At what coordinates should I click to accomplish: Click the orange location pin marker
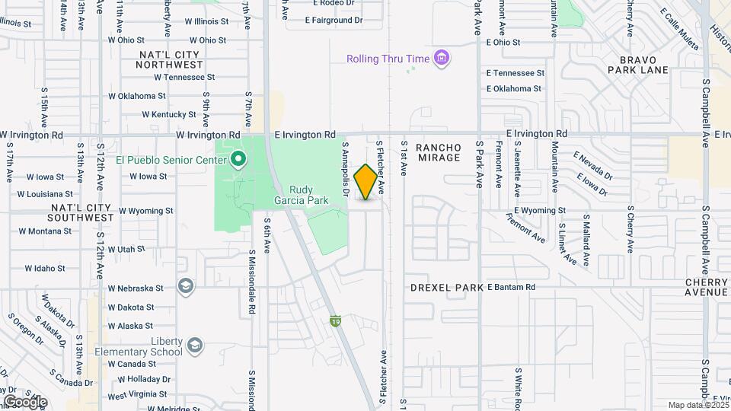366,182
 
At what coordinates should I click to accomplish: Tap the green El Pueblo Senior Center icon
238,159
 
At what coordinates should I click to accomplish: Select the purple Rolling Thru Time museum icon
441,58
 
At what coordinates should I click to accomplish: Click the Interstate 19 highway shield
334,321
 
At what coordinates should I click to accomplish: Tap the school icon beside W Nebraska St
184,286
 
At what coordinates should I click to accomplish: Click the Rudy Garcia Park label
308,196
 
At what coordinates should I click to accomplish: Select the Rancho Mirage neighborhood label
439,152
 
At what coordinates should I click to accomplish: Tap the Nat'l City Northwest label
169,60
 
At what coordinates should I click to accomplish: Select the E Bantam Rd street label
512,287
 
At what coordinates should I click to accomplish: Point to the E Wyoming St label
540,210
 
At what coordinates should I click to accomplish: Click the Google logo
25,402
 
